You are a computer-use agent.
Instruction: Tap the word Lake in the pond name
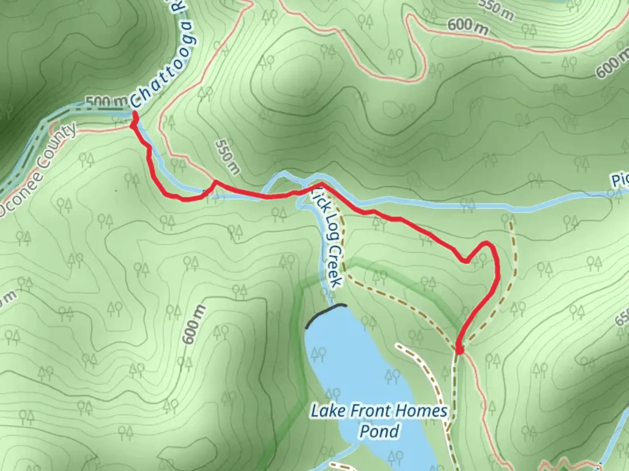(325, 411)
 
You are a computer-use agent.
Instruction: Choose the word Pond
(379, 431)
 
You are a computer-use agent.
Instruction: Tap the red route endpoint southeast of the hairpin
(459, 349)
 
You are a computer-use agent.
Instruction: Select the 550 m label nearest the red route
(227, 157)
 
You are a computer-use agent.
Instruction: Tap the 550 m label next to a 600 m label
(496, 10)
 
